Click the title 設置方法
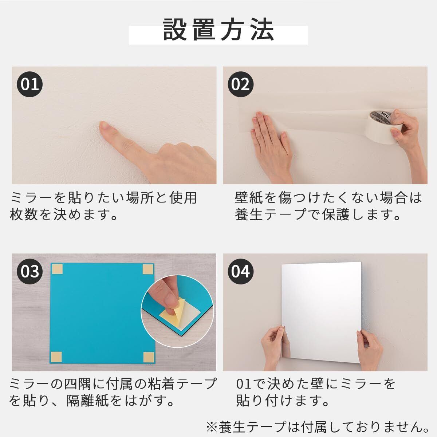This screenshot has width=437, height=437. (219, 30)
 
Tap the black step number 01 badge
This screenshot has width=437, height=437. (30, 84)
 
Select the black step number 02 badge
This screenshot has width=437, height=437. (240, 84)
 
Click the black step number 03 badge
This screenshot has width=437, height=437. (30, 271)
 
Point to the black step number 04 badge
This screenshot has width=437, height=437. (240, 271)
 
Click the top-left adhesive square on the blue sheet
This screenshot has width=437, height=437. (58, 269)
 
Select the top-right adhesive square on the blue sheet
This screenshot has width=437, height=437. (147, 269)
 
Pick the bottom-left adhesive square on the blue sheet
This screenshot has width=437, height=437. (56, 357)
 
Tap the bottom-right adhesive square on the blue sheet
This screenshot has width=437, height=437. (149, 357)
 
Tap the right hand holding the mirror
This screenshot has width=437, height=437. (369, 347)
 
